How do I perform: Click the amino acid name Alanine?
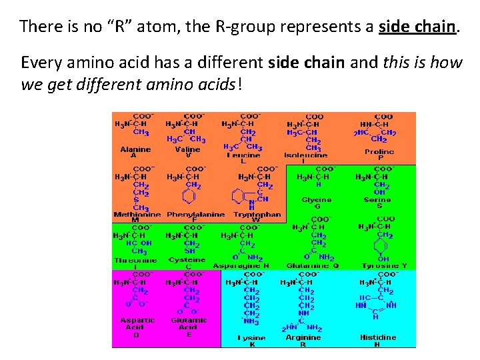135,149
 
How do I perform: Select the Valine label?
187,149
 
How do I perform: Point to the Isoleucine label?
303,155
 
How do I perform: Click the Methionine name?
137,215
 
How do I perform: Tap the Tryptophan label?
257,215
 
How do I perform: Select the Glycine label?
316,199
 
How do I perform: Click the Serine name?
378,199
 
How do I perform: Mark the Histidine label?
378,337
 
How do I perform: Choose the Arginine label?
303,337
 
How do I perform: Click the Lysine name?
251,338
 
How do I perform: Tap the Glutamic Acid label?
188,323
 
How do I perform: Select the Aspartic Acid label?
137,323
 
